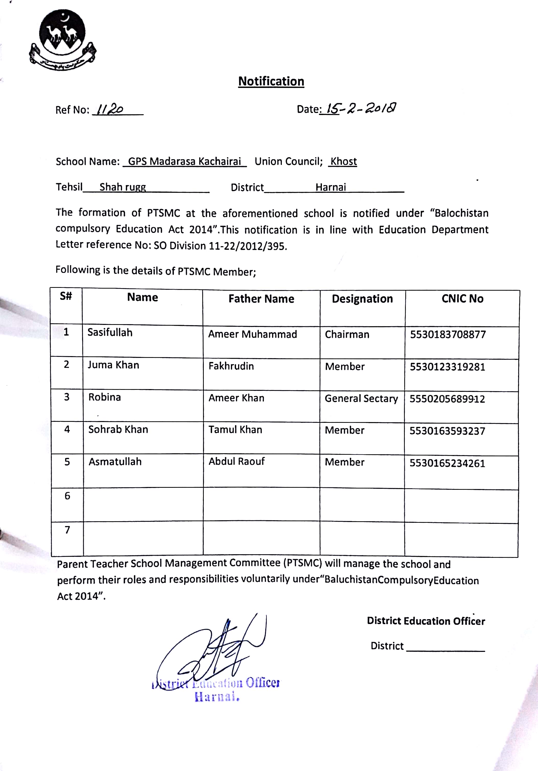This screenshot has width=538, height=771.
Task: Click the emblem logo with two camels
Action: pos(62,40)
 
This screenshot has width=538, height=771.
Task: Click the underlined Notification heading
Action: pos(271,81)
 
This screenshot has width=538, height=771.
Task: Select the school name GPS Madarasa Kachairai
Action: pos(184,162)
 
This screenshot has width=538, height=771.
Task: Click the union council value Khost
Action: pos(343,162)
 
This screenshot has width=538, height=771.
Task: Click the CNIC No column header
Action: pos(462,299)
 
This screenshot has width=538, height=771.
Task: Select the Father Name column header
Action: pos(261,299)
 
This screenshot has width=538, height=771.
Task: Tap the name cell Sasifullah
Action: pos(110,332)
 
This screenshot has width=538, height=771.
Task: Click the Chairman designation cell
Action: pos(347,334)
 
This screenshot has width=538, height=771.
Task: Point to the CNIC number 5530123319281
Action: pos(447,367)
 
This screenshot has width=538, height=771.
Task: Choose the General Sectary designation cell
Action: pos(361,399)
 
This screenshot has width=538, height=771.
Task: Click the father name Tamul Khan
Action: pos(235,430)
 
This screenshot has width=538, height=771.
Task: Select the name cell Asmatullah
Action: pos(115,462)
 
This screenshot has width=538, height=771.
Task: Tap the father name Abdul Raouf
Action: pos(237,461)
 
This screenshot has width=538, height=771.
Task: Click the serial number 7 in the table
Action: pos(68,530)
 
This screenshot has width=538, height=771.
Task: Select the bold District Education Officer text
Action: pos(426,621)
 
